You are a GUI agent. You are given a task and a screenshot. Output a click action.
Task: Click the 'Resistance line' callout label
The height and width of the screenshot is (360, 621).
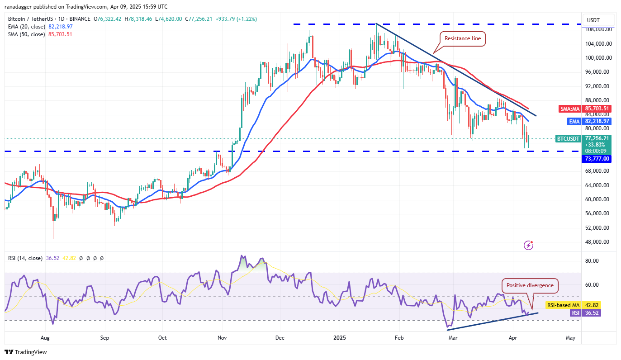pyautogui.click(x=463, y=39)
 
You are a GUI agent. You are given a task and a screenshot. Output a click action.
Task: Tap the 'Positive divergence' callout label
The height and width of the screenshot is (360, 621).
pyautogui.click(x=530, y=285)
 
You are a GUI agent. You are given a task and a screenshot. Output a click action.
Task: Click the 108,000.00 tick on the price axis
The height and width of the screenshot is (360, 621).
pyautogui.click(x=597, y=29)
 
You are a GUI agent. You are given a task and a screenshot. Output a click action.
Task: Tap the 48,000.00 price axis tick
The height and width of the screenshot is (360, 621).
pyautogui.click(x=597, y=242)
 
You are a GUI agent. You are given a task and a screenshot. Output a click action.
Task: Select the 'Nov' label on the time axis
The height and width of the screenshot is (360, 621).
pyautogui.click(x=222, y=337)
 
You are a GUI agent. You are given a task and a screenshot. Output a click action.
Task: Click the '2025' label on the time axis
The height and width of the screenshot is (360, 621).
pyautogui.click(x=339, y=337)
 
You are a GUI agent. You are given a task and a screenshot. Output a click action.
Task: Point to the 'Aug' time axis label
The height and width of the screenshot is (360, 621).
pyautogui.click(x=45, y=337)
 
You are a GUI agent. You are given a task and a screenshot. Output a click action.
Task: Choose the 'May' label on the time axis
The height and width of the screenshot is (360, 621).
pyautogui.click(x=570, y=337)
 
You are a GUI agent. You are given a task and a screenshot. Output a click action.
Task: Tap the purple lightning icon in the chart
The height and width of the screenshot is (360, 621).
pyautogui.click(x=528, y=245)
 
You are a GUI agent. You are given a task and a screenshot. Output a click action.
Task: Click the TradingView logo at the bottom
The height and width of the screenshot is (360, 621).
pyautogui.click(x=26, y=352)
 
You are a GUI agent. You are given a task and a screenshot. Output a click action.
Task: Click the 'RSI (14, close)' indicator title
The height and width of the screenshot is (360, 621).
pyautogui.click(x=25, y=258)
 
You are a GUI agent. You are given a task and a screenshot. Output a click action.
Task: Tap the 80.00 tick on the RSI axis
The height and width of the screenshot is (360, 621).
pyautogui.click(x=593, y=261)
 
